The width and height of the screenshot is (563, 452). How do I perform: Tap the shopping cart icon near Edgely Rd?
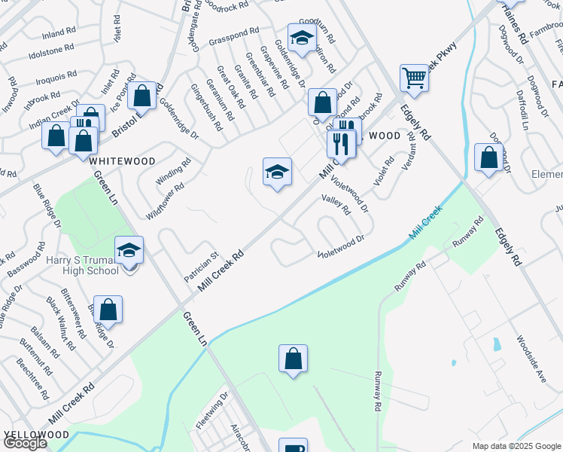[x=414, y=78]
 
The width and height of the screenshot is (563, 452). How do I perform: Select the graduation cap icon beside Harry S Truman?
[x=129, y=250]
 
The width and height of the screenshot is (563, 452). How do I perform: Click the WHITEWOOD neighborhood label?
[x=123, y=161]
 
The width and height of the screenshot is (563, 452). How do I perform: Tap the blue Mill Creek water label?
[x=425, y=224]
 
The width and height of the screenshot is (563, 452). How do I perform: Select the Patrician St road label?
[x=201, y=267]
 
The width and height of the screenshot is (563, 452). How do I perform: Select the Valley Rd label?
[x=336, y=204]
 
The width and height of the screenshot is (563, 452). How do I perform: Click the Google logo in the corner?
[x=25, y=443]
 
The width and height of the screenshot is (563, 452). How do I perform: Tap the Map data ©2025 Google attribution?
[x=516, y=446]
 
